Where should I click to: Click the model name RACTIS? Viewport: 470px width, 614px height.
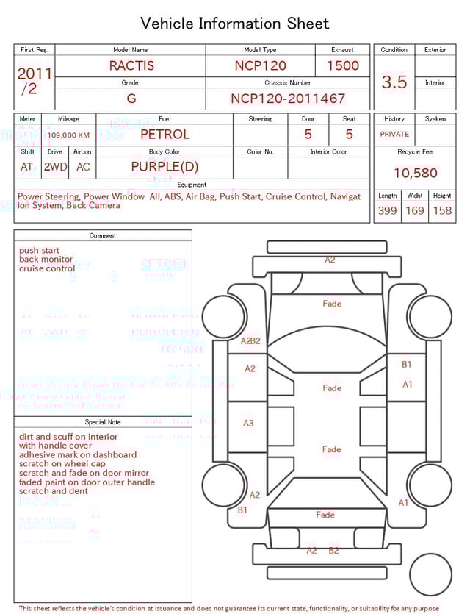(131, 65)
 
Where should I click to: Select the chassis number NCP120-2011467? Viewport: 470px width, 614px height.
(288, 99)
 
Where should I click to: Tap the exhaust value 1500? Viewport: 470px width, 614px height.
(342, 65)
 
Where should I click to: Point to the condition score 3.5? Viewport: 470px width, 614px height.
(394, 82)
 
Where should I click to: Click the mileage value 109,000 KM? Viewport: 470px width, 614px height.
(69, 135)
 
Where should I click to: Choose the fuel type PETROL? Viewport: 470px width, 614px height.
(164, 135)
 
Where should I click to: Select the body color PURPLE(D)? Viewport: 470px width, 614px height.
(164, 167)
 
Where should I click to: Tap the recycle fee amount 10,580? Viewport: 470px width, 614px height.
(415, 174)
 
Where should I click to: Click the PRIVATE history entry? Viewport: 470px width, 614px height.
(394, 135)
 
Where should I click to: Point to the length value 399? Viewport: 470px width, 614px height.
(387, 211)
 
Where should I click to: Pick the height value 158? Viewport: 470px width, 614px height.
(442, 211)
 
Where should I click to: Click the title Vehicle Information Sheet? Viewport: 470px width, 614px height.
(235, 24)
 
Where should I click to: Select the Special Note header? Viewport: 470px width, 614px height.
(103, 422)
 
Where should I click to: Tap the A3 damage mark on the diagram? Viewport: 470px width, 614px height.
(248, 424)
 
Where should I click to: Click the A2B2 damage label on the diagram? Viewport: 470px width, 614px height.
(250, 341)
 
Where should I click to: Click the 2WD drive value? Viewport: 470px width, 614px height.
(55, 167)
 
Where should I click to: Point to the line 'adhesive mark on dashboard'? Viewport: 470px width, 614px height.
(78, 455)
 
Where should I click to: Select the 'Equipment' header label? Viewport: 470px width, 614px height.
(192, 185)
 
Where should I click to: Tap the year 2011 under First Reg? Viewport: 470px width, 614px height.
(35, 74)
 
